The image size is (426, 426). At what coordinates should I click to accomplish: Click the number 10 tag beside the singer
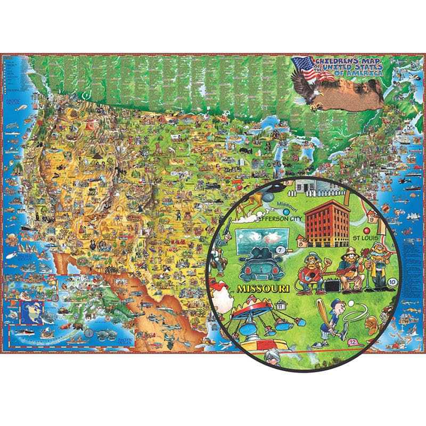tap(392, 282)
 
